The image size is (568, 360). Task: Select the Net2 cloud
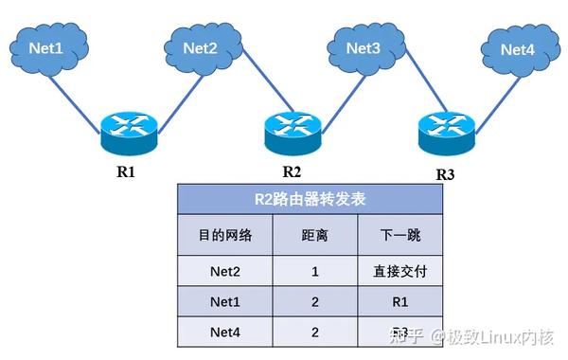point(200,46)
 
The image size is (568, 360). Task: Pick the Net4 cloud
point(518,48)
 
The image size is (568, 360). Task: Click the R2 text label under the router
point(292,171)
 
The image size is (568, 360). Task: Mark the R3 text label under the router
point(445,174)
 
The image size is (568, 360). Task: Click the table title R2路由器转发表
point(309,200)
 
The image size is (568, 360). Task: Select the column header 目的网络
point(224,235)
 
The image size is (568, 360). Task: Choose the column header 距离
point(313,235)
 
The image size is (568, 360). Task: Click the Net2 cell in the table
point(224,271)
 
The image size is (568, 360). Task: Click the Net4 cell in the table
point(224,333)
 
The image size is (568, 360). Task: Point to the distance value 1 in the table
point(313,271)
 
